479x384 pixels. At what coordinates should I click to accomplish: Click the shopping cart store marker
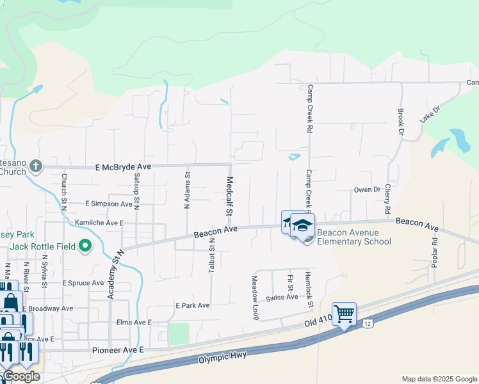tap(345, 314)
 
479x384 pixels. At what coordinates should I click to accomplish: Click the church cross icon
tap(36, 166)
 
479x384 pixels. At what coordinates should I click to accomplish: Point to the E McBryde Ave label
tap(123, 167)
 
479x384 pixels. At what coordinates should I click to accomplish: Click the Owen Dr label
tap(367, 190)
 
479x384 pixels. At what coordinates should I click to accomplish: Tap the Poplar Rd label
tap(435, 252)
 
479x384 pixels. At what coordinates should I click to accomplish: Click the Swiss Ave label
tap(282, 298)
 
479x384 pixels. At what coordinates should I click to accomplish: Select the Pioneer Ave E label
tap(118, 350)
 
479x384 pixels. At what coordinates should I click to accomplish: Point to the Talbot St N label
tap(212, 255)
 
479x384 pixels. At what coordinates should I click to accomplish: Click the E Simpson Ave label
tap(108, 204)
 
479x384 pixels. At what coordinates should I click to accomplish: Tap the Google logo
tap(22, 377)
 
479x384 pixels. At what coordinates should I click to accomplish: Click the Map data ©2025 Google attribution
tap(439, 379)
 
